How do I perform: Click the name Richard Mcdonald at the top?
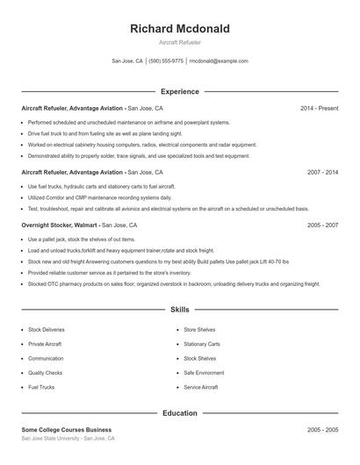pos(179,28)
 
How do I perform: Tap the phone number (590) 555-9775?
pos(166,61)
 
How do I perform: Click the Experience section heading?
pos(179,91)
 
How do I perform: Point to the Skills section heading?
pos(179,310)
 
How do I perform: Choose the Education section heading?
pos(179,412)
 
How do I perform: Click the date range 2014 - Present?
pos(319,108)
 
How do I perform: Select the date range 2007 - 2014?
pos(322,173)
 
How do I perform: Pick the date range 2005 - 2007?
pos(322,225)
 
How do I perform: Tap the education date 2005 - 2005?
pos(322,430)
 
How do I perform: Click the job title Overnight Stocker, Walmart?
pos(60,225)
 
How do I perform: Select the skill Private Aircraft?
pos(45,344)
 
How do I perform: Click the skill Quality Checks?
pos(45,373)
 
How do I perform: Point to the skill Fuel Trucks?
pos(41,387)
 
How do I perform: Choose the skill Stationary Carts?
pos(202,344)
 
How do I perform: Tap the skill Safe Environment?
pos(204,373)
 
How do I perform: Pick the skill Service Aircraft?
pos(201,387)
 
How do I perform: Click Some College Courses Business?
pos(67,430)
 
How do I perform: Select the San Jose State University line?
pos(68,438)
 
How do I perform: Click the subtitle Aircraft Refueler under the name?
pos(179,42)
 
